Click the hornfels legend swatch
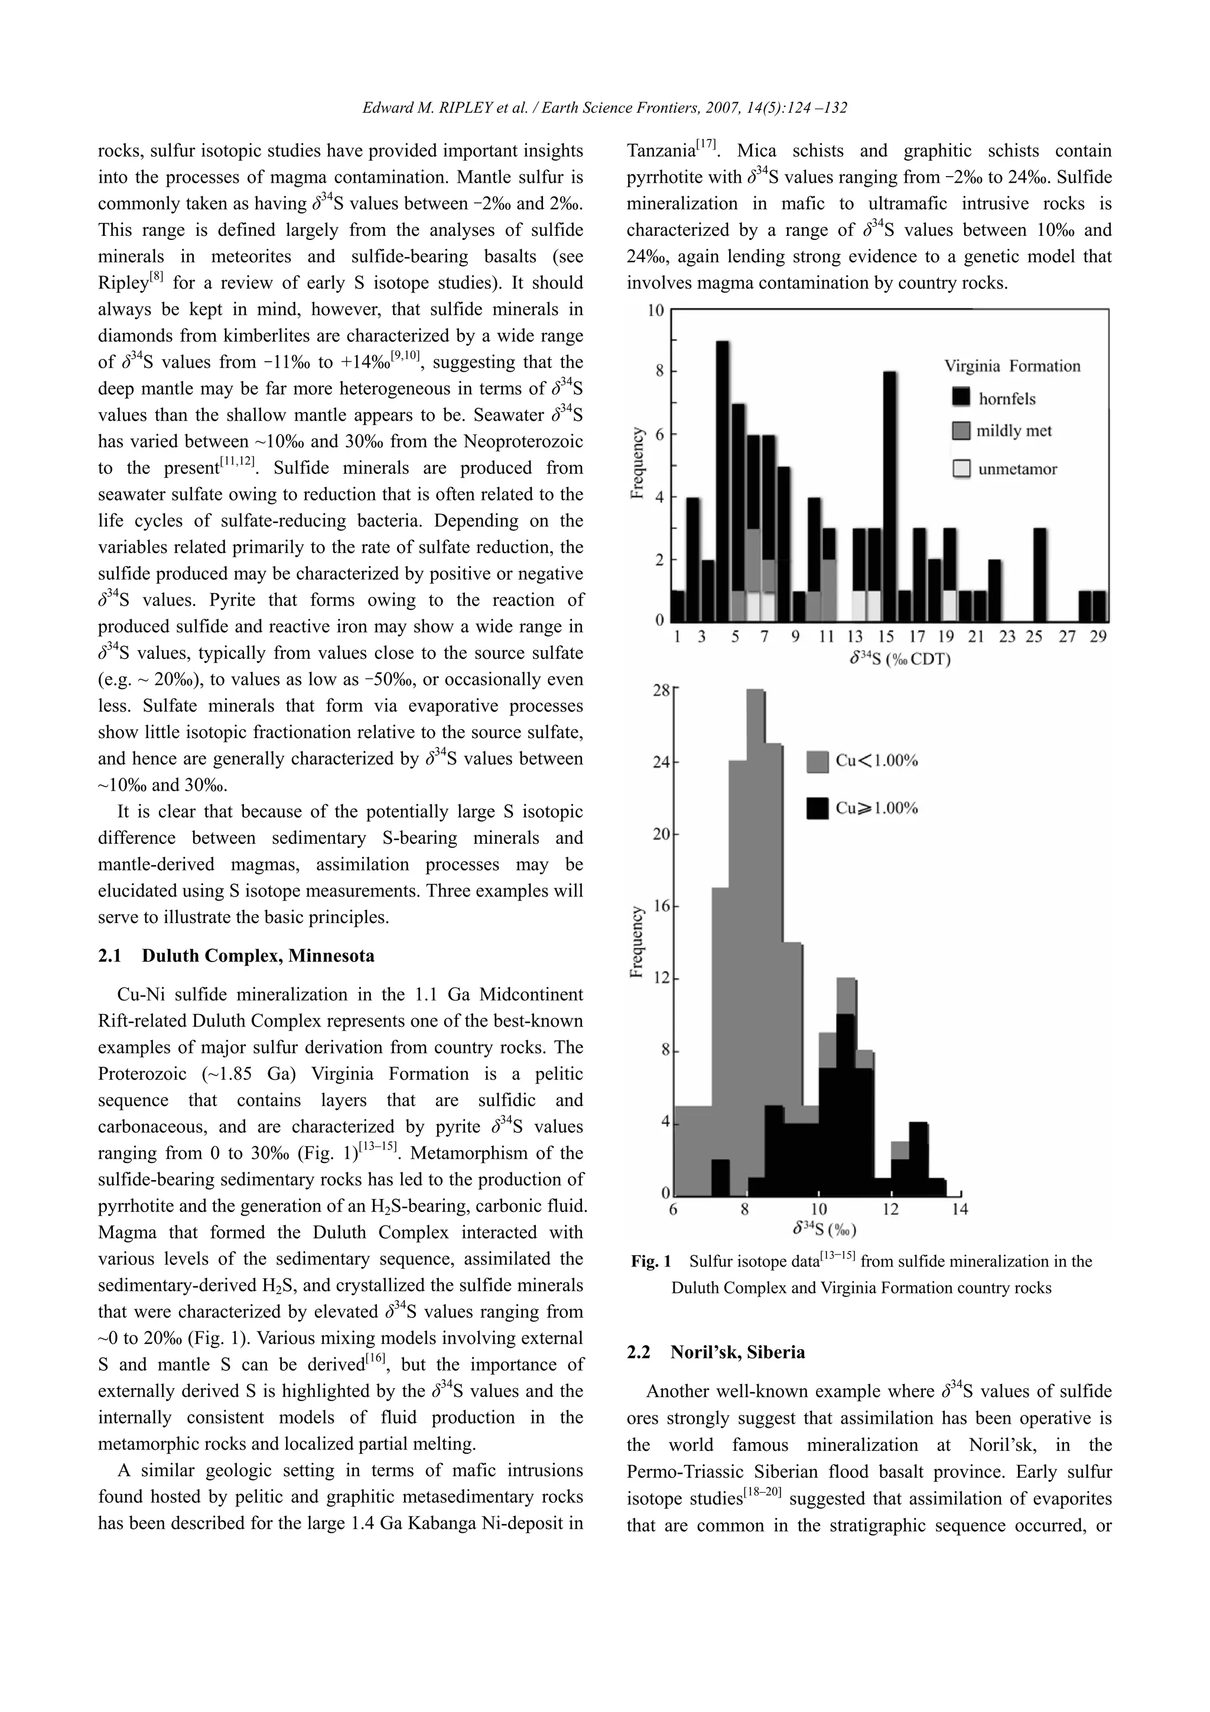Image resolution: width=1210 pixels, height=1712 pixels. tap(962, 398)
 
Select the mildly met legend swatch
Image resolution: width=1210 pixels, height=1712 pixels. tap(962, 431)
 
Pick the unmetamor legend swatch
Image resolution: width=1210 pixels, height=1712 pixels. tap(962, 468)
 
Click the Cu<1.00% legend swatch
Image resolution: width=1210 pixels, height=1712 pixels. tap(818, 761)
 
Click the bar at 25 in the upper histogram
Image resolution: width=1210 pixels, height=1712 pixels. tap(1039, 574)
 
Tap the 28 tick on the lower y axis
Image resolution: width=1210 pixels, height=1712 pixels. tap(661, 692)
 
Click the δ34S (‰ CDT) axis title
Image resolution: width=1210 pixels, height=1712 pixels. tap(899, 659)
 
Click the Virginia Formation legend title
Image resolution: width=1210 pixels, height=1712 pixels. tap(1011, 366)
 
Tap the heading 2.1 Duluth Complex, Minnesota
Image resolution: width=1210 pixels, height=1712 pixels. tap(236, 956)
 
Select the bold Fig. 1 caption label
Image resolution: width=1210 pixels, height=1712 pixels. tap(651, 1261)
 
